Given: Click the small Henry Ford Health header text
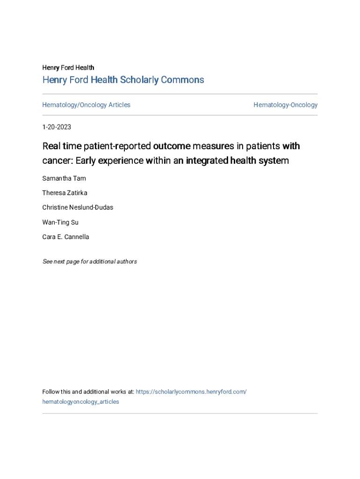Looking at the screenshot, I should click(x=68, y=68).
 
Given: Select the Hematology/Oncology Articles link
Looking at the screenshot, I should click(x=86, y=105).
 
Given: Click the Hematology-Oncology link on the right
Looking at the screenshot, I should click(x=285, y=105).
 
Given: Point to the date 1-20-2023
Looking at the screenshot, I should click(x=57, y=127).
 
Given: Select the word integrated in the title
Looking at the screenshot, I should click(x=206, y=160).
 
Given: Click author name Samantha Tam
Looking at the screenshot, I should click(x=64, y=178).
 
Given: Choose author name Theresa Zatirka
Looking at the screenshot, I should click(x=65, y=193).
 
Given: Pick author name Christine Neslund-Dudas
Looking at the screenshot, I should click(x=78, y=207).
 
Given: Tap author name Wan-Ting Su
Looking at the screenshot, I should click(x=60, y=222).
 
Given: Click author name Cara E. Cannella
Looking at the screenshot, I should click(x=65, y=237).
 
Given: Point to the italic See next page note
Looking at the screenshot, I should click(x=89, y=261).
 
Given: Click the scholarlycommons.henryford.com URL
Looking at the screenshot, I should click(x=191, y=392).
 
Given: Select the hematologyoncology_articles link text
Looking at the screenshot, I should click(x=80, y=402).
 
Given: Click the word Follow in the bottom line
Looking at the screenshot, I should click(x=51, y=392).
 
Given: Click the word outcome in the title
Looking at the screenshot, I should click(x=172, y=146).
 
